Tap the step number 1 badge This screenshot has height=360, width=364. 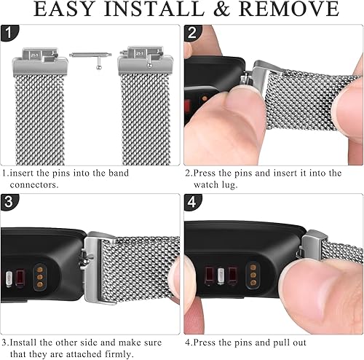pyautogui.click(x=9, y=34)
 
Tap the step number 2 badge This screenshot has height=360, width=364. pyautogui.click(x=192, y=34)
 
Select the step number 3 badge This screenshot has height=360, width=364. pyautogui.click(x=9, y=203)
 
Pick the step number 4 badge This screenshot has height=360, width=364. pyautogui.click(x=192, y=203)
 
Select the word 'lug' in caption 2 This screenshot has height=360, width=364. pyautogui.click(x=232, y=184)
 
